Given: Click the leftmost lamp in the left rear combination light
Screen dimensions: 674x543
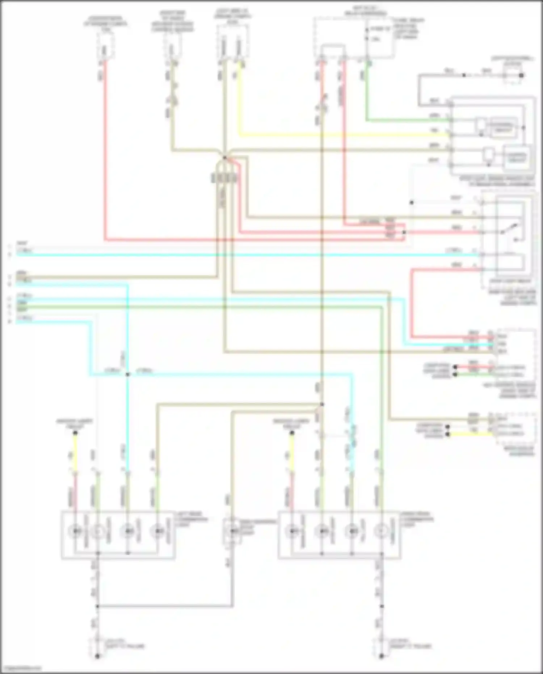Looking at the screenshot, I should point(75,531).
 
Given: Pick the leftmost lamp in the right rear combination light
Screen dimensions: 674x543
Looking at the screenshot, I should point(292,531).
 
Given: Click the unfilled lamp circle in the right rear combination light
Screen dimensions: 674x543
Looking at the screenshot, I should point(380,531).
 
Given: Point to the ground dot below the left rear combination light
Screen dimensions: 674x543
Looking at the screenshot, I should point(97,656).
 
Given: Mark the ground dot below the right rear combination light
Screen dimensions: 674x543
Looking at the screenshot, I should point(381,656).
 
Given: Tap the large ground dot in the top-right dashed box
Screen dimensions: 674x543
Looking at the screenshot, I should point(522,76).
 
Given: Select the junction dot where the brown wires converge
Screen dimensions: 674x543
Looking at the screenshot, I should point(224,158).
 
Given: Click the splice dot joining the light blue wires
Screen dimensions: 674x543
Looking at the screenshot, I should point(127,374).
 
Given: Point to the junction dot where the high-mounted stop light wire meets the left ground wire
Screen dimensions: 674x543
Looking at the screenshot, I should point(97,606).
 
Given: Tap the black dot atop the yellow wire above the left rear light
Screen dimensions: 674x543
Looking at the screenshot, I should point(75,433).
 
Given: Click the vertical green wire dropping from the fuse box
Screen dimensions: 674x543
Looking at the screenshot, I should point(366,94).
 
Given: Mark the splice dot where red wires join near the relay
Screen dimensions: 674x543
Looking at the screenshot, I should point(404,232).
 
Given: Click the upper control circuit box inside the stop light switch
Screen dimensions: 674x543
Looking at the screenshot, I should point(504,126).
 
